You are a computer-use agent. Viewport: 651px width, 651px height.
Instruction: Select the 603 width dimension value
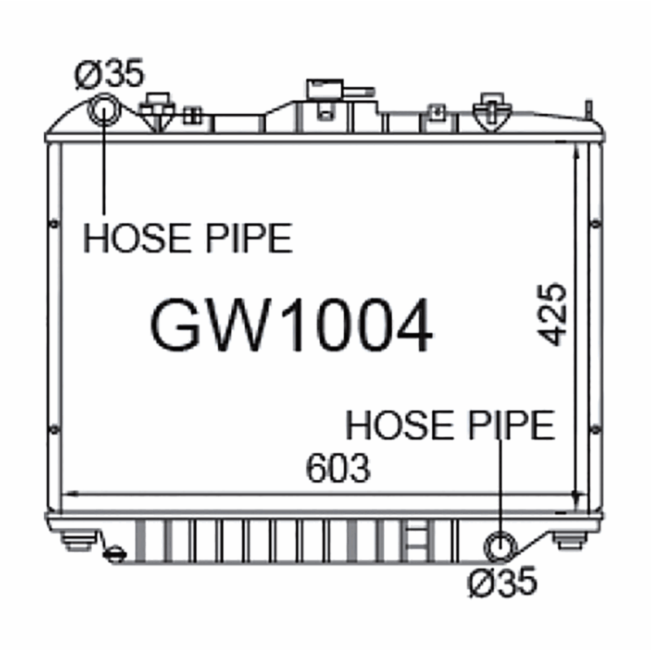[338, 468]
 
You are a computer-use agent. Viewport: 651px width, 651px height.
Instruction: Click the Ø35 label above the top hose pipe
[109, 74]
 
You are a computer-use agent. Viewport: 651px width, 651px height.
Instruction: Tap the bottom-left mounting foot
[79, 540]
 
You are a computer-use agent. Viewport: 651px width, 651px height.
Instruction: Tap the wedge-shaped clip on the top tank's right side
[491, 111]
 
